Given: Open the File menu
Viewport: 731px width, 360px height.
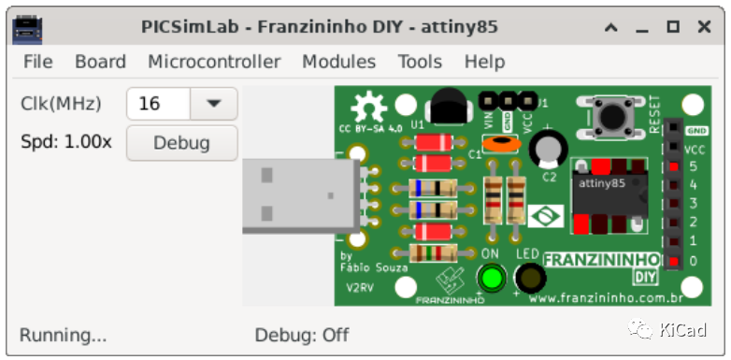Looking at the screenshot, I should tap(37, 62).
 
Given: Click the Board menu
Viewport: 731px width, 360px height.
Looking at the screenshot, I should tap(100, 62).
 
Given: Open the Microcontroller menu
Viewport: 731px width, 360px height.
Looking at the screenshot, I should tap(214, 62).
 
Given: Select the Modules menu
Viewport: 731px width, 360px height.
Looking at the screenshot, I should tap(338, 62).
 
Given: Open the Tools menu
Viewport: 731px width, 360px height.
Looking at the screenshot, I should tap(420, 62).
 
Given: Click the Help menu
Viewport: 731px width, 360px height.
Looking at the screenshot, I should tap(484, 62).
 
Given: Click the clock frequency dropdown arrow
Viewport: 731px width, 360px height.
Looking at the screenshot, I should tap(214, 104).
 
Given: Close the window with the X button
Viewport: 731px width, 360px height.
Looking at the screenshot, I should tap(704, 27).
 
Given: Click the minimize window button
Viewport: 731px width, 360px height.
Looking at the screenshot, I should tap(642, 27).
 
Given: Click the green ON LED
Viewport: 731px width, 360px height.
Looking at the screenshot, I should tap(492, 278).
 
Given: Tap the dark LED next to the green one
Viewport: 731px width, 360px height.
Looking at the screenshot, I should tap(530, 278).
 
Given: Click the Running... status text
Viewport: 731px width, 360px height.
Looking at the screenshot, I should tap(63, 334).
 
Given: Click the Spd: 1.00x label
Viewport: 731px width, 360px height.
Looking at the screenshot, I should tap(65, 143).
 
